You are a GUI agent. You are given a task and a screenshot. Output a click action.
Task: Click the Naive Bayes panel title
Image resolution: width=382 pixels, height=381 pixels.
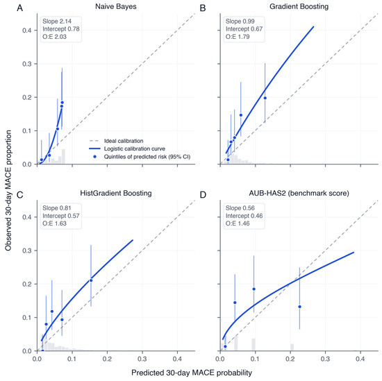(116, 6)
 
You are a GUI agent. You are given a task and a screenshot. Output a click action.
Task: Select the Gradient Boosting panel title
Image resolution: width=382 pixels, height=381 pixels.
(299, 6)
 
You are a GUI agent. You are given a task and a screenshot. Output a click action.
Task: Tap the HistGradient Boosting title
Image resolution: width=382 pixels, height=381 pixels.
(116, 194)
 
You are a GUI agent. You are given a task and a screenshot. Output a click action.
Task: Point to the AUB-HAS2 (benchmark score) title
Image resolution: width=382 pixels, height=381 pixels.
(299, 194)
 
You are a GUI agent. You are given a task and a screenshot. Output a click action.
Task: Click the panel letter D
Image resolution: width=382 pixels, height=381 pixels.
(203, 195)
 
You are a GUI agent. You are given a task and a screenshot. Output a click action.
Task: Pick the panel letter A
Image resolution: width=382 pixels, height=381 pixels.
(19, 8)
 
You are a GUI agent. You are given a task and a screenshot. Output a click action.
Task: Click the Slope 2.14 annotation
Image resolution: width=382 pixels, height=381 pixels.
(57, 22)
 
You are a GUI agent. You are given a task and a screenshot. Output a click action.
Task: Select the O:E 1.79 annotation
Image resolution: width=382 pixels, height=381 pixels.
(238, 37)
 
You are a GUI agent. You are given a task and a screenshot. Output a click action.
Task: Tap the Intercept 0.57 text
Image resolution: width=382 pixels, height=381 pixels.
(61, 216)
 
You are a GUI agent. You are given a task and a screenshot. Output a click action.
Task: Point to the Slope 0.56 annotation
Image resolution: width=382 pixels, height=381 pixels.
(240, 208)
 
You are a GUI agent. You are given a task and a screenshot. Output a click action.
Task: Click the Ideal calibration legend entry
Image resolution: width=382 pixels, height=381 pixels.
(116, 141)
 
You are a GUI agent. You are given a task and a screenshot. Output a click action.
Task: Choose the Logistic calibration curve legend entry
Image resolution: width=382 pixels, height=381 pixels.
(127, 149)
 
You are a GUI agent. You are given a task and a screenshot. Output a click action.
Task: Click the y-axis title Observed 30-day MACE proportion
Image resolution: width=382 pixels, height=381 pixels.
(8, 190)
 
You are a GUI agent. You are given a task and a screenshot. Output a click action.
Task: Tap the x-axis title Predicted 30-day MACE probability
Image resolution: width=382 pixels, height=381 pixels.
(192, 373)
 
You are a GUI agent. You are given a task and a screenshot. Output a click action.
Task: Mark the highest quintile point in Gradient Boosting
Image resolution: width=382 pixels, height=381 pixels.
(265, 98)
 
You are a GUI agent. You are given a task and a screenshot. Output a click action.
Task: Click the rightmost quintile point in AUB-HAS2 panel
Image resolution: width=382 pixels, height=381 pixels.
(299, 307)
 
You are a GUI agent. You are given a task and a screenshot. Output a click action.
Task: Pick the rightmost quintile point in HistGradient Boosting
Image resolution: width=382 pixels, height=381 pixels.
(91, 280)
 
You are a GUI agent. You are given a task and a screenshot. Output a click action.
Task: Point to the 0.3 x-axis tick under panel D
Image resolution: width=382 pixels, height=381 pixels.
(325, 359)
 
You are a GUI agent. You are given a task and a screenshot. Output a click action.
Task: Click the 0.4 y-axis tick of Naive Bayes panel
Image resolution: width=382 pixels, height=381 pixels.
(26, 31)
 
